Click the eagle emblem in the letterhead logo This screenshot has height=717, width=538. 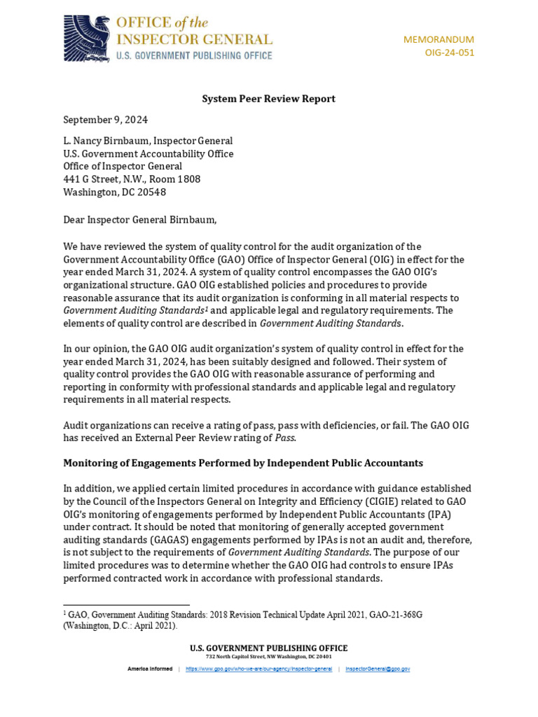pos(86,38)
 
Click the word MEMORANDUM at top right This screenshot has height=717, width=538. pos(439,39)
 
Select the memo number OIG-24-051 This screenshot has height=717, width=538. pos(449,53)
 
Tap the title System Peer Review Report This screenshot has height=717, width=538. pos(268,99)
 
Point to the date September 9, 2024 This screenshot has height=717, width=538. pos(105,120)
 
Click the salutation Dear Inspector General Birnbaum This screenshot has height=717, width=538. pos(140,220)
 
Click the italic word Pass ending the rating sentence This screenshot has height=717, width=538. pos(284,438)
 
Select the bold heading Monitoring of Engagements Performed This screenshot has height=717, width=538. pos(243,463)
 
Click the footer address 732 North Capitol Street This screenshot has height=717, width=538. pos(268,657)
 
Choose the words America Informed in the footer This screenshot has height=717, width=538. pos(149,669)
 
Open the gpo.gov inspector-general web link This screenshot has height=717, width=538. pos(258,669)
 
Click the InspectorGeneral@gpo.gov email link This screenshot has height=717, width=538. pos(378,669)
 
